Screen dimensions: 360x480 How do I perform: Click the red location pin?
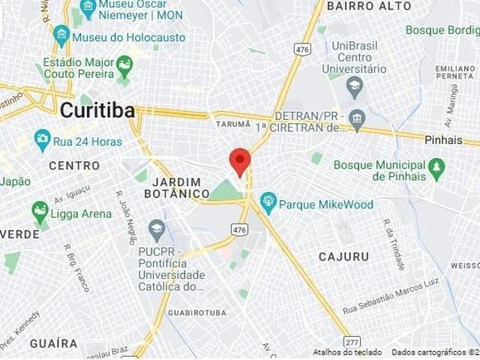(x=239, y=160)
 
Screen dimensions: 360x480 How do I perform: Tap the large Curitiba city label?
(x=97, y=110)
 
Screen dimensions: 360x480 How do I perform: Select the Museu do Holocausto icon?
(x=61, y=34)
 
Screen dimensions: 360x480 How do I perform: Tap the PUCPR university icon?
(x=156, y=227)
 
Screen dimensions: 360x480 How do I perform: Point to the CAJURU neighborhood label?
(x=343, y=256)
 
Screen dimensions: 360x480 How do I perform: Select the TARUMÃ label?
(x=230, y=124)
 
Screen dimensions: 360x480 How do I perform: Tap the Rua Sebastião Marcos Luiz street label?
(x=389, y=298)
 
